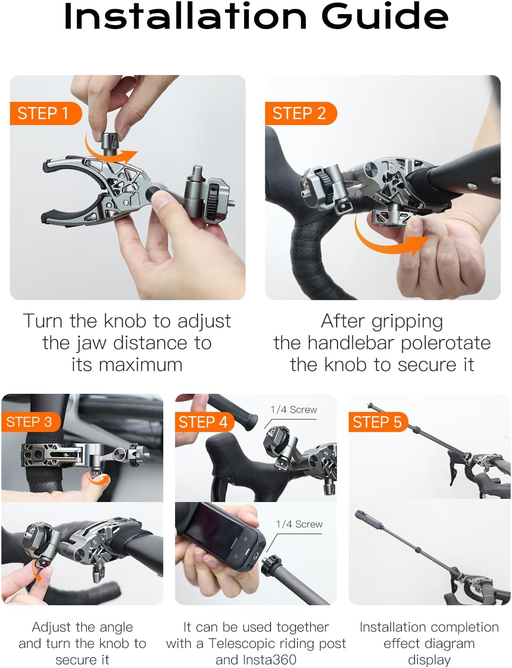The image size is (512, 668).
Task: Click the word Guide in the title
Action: (x=385, y=16)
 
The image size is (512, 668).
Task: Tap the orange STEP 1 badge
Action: (x=43, y=113)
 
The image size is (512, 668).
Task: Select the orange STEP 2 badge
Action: (x=299, y=113)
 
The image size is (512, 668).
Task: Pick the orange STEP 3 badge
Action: (x=29, y=422)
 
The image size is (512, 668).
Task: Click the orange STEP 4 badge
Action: (x=203, y=422)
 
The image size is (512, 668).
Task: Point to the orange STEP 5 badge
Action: (x=377, y=422)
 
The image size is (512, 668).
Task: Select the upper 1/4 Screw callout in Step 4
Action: (x=294, y=409)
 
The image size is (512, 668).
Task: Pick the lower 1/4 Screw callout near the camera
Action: (x=299, y=524)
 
